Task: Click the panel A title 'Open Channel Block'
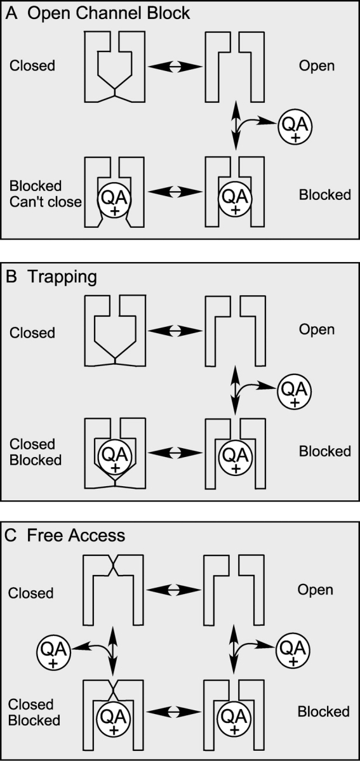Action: tap(109, 13)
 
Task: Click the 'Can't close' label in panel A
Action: tap(45, 201)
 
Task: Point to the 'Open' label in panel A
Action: tap(317, 65)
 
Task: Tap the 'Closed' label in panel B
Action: tap(32, 333)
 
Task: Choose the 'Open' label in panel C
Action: tap(316, 590)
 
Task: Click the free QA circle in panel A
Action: tap(295, 127)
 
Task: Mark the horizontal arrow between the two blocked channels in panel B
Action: tap(175, 452)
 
